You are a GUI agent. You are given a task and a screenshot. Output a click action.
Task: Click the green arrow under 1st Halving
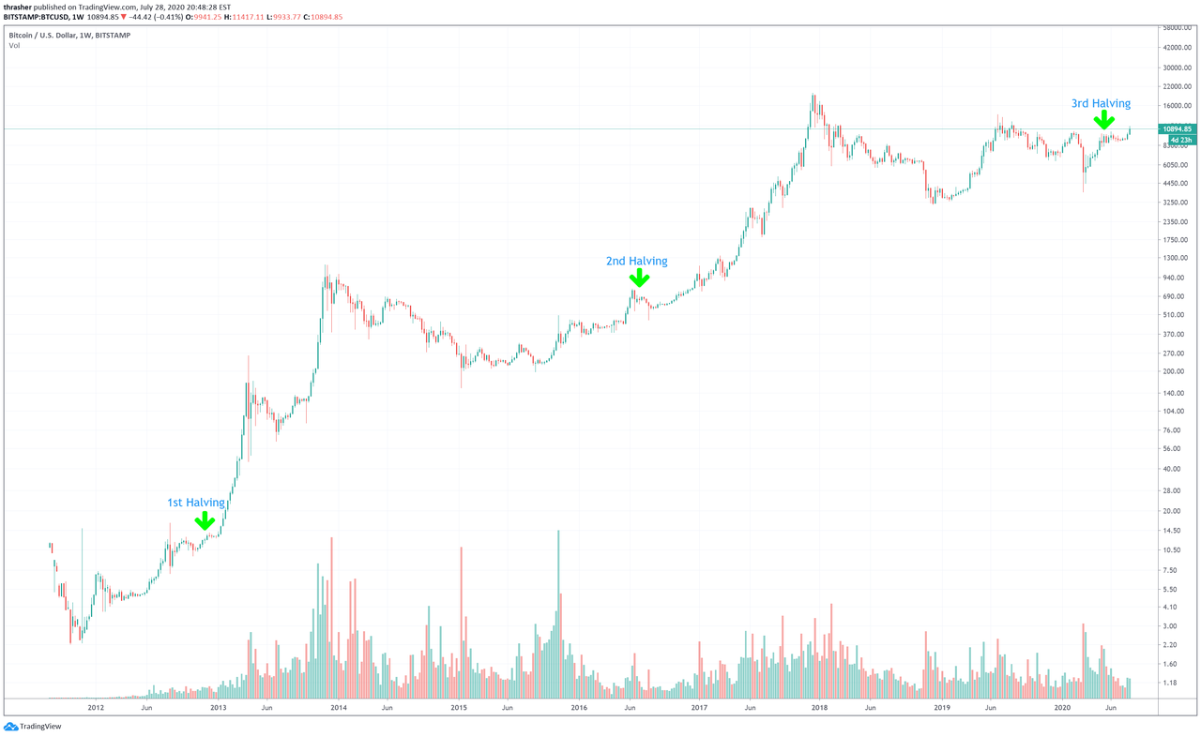point(205,520)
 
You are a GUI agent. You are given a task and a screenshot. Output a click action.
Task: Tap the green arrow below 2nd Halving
point(638,278)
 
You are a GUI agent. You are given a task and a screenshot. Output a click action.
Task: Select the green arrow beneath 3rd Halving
point(1103,119)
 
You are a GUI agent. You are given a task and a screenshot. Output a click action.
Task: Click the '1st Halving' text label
point(196,503)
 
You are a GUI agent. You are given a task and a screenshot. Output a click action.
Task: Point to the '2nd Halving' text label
point(637,261)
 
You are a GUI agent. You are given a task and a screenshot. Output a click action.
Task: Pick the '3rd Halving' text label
point(1102,103)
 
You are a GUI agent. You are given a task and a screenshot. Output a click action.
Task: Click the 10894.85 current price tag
point(1177,128)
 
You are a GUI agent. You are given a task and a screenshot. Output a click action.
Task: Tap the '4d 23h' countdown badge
point(1177,140)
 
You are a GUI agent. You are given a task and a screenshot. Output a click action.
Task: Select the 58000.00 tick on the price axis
point(1177,29)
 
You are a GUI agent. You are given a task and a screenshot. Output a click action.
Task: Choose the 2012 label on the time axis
point(96,709)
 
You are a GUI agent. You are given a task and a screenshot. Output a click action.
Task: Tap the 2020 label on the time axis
point(1063,709)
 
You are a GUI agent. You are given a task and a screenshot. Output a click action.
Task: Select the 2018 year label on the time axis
point(820,709)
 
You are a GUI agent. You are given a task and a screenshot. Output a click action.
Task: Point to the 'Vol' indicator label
point(14,44)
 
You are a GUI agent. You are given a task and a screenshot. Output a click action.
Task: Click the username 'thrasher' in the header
point(19,7)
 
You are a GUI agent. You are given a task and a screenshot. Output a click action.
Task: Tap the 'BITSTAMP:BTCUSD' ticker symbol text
point(37,17)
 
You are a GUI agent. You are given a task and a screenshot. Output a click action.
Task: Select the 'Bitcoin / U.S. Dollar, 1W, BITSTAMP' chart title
point(69,35)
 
